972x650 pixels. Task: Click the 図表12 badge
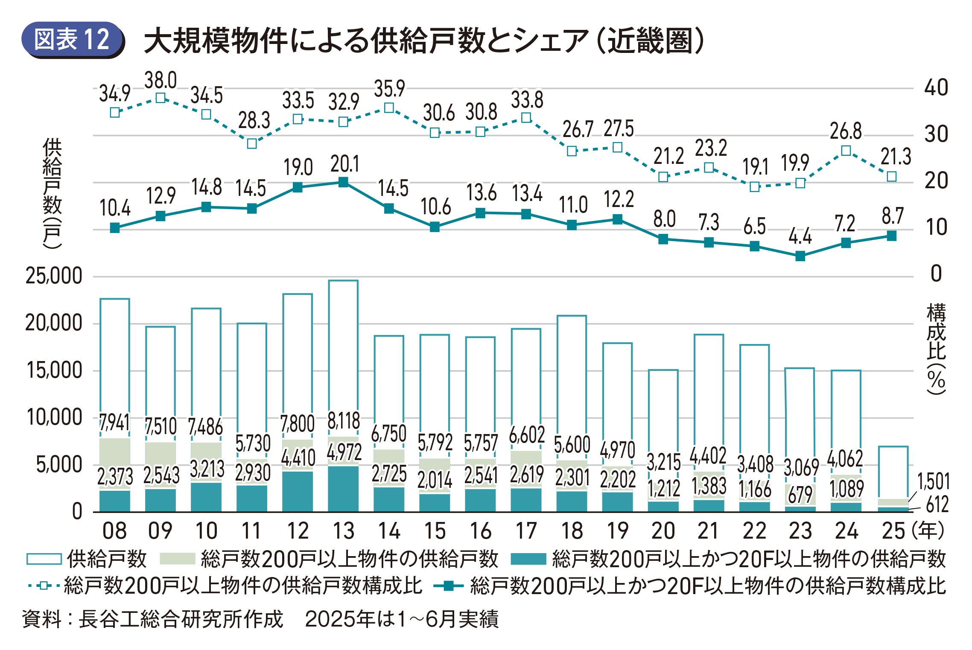point(72,40)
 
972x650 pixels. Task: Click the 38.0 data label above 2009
point(161,80)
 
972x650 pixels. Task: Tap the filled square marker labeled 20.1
point(343,183)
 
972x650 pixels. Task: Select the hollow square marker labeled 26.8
point(846,151)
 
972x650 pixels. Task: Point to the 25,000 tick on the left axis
point(54,276)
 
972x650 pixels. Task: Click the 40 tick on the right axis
point(936,88)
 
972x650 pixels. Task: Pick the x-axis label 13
point(343,531)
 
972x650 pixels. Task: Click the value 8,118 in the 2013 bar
point(344,421)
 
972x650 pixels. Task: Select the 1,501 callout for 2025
point(933,482)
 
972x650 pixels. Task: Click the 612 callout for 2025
point(937,504)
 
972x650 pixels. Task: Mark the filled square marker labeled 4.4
point(800,256)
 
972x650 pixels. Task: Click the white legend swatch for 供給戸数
point(44,559)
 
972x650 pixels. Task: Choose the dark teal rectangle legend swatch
point(528,559)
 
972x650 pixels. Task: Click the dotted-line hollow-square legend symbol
point(44,586)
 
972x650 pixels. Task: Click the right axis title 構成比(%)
point(936,348)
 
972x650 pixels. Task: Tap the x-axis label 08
point(114,531)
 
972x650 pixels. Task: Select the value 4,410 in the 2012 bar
point(298,458)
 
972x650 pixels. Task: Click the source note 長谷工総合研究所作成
point(181,619)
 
